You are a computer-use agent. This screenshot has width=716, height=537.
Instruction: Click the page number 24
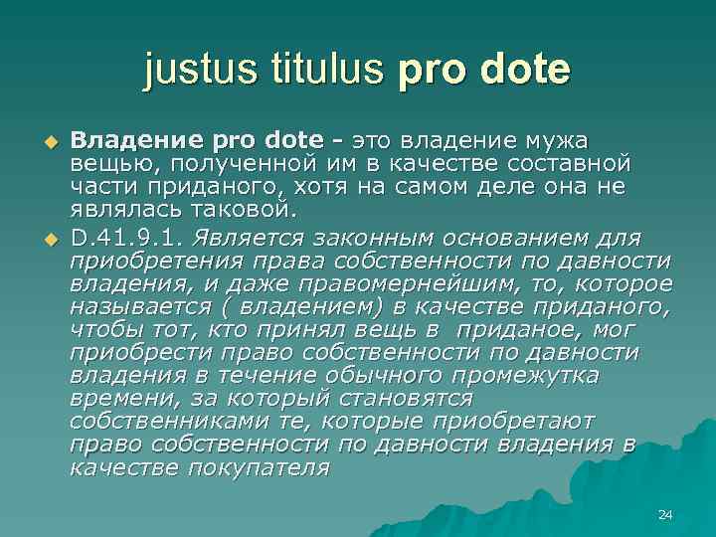tap(666, 514)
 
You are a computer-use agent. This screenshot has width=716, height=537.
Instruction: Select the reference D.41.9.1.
tap(127, 239)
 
